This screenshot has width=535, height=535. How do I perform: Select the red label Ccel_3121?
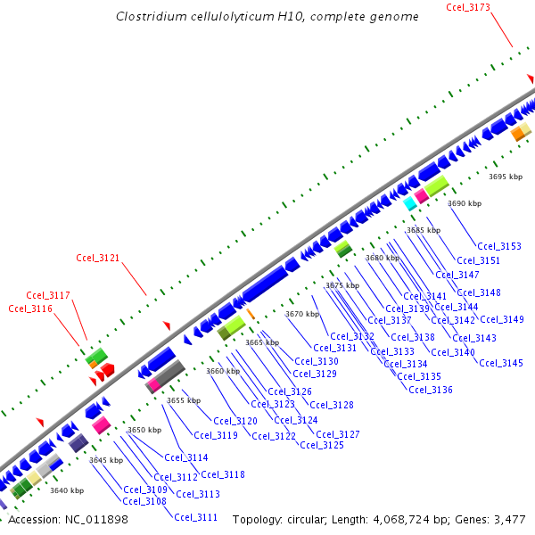pyautogui.click(x=98, y=259)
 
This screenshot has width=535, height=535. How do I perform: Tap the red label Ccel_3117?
pyautogui.click(x=48, y=295)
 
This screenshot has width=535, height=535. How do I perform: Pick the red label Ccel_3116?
pyautogui.click(x=30, y=309)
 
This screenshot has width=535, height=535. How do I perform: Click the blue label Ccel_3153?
pyautogui.click(x=499, y=246)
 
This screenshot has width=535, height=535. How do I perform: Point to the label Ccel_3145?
pyautogui.click(x=501, y=363)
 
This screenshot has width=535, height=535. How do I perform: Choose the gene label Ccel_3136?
pyautogui.click(x=431, y=390)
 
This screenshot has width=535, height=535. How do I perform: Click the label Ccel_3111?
pyautogui.click(x=196, y=517)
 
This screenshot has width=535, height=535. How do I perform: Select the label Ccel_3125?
pyautogui.click(x=322, y=445)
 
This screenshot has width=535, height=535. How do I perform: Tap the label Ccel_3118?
pyautogui.click(x=223, y=474)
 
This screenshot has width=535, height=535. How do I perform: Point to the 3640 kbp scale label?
pyautogui.click(x=67, y=490)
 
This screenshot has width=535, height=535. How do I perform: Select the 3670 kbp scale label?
pyautogui.click(x=302, y=314)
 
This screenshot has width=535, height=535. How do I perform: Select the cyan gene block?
pyautogui.click(x=410, y=204)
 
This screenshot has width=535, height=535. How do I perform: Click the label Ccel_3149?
pyautogui.click(x=502, y=319)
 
